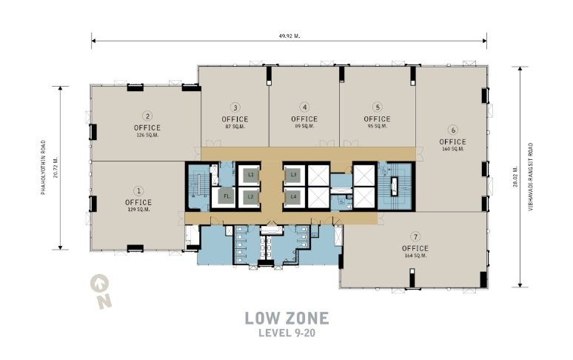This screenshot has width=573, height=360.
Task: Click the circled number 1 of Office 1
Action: click(x=138, y=191)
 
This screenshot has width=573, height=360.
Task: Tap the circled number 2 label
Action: click(x=147, y=116)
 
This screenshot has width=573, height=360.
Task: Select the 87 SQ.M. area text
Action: click(x=235, y=127)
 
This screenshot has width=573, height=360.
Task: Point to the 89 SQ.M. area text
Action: click(x=304, y=126)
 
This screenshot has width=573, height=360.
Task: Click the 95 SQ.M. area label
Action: click(x=377, y=126)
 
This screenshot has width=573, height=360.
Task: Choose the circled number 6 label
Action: click(x=453, y=130)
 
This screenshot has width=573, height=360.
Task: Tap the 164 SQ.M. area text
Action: click(x=415, y=256)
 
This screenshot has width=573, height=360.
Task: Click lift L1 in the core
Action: click(x=251, y=175)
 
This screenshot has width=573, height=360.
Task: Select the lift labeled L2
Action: click(x=251, y=197)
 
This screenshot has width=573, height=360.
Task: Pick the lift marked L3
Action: click(x=293, y=175)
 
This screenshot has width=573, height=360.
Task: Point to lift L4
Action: click(x=293, y=197)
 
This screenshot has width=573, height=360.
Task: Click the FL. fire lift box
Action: click(x=227, y=196)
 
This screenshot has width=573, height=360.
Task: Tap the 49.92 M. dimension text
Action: click(x=289, y=36)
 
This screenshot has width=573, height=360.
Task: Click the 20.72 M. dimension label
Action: click(x=56, y=167)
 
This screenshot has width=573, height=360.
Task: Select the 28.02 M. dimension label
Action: click(x=515, y=176)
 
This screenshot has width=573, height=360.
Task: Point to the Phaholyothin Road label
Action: click(x=44, y=167)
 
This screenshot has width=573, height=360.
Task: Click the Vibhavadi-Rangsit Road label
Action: click(x=531, y=177)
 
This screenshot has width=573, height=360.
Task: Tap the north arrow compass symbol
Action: click(x=101, y=291)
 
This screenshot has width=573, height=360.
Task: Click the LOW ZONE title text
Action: click(x=286, y=318)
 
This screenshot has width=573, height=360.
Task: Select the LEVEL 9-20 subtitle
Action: click(x=286, y=333)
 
